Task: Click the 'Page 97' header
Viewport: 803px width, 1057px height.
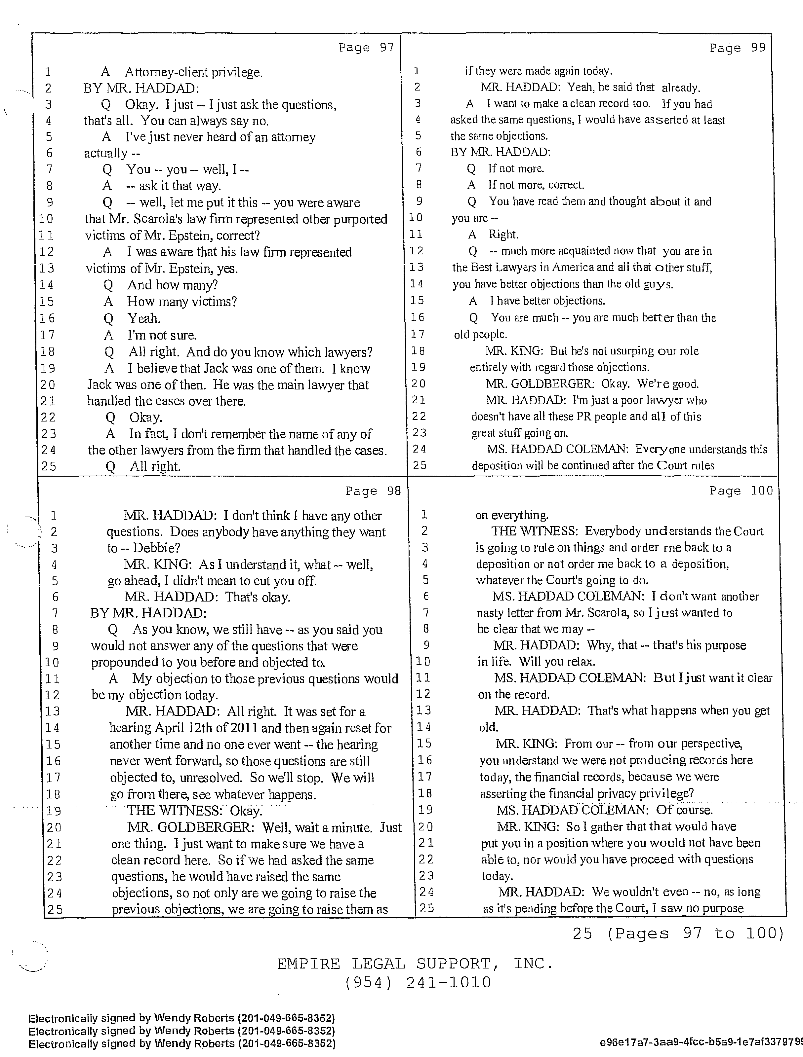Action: click(x=366, y=47)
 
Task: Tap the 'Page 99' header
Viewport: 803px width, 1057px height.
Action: click(x=738, y=48)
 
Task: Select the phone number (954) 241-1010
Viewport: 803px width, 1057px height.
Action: click(x=418, y=982)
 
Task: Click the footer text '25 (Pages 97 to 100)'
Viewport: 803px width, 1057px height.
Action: click(x=678, y=933)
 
